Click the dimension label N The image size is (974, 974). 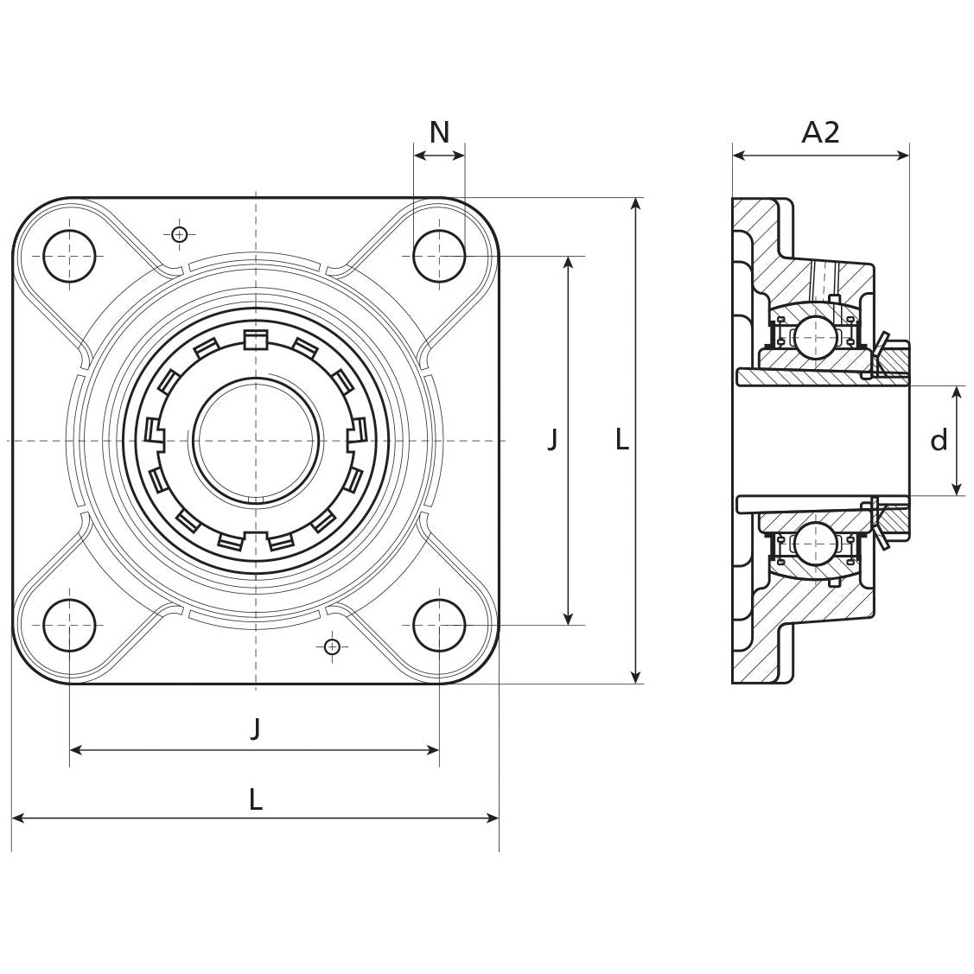(439, 133)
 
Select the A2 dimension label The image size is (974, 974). (820, 132)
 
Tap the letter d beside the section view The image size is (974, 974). (939, 441)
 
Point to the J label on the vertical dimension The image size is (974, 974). (552, 440)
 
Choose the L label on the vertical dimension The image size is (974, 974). (621, 440)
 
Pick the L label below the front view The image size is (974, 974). (255, 799)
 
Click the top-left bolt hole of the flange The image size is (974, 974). (69, 257)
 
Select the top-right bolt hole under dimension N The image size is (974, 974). (439, 257)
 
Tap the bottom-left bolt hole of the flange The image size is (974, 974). (69, 625)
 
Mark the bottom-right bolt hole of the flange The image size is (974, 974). (439, 625)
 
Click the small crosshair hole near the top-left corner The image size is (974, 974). (179, 234)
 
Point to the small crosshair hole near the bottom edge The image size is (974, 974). (331, 646)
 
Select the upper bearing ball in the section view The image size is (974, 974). (813, 336)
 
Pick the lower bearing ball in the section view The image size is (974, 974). (813, 543)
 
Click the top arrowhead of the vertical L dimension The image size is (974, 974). (636, 204)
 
